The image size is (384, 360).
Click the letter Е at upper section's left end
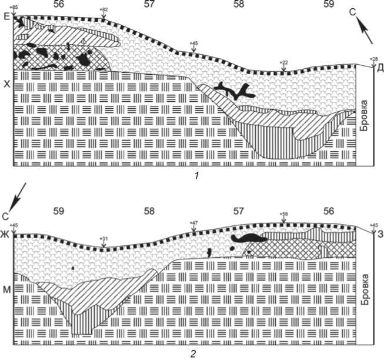pos(7,17)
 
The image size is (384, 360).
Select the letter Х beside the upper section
pos(7,85)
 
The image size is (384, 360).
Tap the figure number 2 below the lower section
pos(191,354)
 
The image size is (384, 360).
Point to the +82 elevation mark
pos(103,11)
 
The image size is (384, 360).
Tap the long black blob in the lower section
pos(247,238)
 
